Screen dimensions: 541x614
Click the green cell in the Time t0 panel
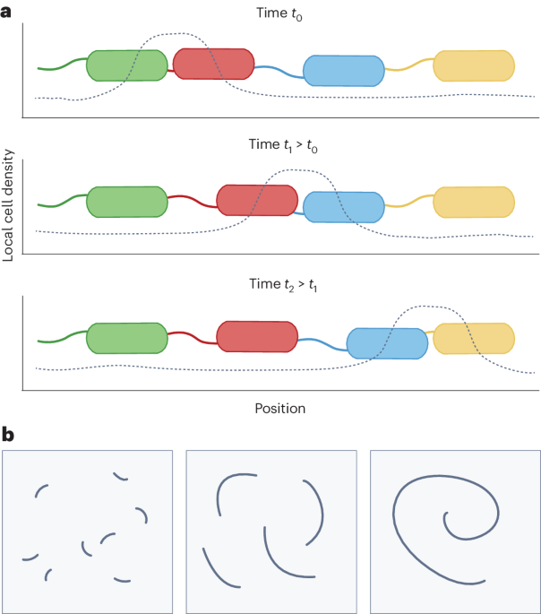click(x=126, y=65)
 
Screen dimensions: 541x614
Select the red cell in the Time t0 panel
click(x=213, y=64)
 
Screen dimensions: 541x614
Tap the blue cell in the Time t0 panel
click(x=344, y=70)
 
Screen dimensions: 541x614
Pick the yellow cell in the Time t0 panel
click(x=474, y=65)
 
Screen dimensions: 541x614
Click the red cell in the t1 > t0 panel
click(x=257, y=200)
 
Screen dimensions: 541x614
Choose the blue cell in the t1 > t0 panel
click(x=344, y=206)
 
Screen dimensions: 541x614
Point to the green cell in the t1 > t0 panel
click(x=126, y=202)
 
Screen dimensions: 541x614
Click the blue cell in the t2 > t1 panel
click(x=387, y=343)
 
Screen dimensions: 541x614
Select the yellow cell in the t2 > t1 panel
click(x=474, y=338)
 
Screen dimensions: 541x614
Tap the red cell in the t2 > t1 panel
click(x=257, y=336)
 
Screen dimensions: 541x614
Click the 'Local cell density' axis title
click(x=9, y=205)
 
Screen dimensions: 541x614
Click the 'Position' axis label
click(x=279, y=408)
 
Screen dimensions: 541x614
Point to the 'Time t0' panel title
click(x=280, y=13)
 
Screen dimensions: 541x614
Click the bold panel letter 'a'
click(x=7, y=11)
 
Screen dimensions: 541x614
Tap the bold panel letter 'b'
click(x=7, y=437)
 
